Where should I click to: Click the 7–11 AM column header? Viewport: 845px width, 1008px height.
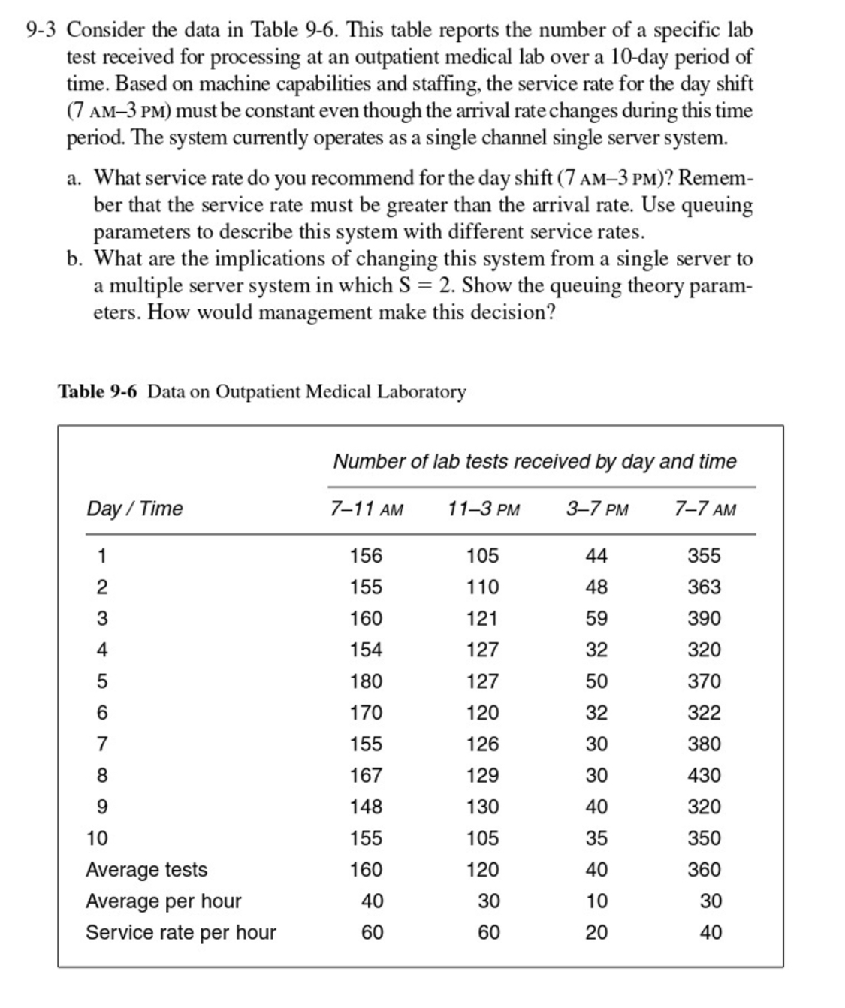click(367, 509)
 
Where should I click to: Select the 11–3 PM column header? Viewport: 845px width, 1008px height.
click(483, 509)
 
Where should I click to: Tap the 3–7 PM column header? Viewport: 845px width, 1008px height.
click(597, 509)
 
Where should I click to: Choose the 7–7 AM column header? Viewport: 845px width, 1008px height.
click(705, 509)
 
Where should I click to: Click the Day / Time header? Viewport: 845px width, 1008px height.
click(134, 509)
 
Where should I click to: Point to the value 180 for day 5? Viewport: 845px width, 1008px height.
click(367, 681)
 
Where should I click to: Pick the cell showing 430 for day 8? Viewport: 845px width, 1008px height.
click(705, 775)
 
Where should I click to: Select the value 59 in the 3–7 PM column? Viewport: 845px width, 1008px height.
click(596, 618)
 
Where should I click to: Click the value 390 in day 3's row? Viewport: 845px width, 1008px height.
click(705, 618)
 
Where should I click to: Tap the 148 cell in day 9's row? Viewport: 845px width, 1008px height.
click(367, 807)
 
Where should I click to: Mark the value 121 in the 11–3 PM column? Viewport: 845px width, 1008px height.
click(482, 618)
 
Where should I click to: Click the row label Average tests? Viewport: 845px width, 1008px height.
click(146, 870)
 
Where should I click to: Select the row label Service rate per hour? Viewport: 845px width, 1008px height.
click(181, 933)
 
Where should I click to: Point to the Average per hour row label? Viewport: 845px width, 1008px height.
click(164, 901)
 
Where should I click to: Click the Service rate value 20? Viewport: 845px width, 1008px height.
click(597, 933)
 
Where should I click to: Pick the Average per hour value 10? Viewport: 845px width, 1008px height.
click(597, 901)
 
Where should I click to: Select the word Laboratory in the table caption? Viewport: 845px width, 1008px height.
click(421, 392)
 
